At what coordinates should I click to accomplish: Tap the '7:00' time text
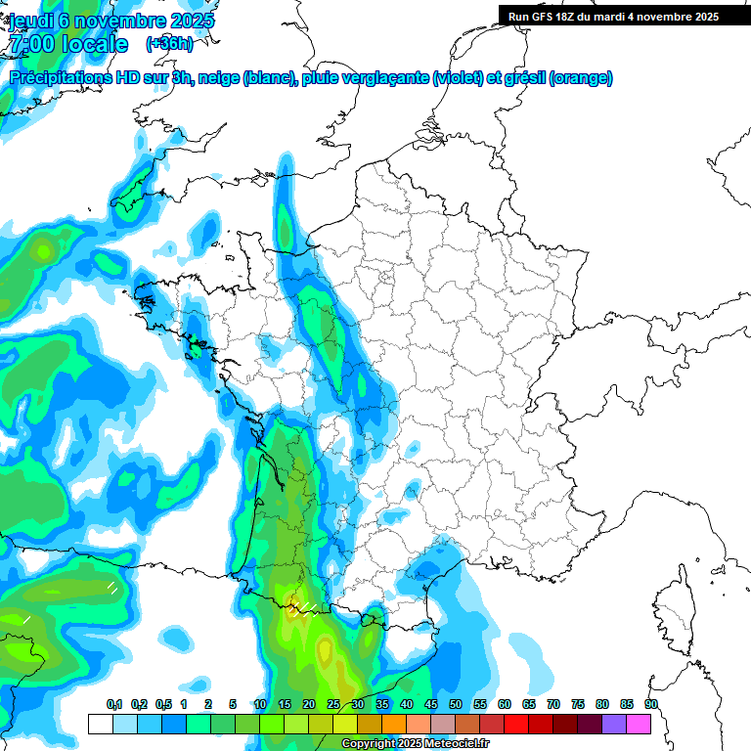[32, 44]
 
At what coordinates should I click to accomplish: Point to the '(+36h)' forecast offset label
[169, 44]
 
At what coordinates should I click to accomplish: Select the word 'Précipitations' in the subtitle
[64, 78]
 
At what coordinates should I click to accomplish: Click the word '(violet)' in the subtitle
[460, 78]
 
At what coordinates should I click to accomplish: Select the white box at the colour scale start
[100, 725]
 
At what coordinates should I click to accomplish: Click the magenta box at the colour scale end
[639, 725]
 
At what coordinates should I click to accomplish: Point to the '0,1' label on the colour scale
[114, 705]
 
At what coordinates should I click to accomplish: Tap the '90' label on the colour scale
[651, 705]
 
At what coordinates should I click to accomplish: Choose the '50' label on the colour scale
[456, 705]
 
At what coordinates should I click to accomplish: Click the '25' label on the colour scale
[333, 705]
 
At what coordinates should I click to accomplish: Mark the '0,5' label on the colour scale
[162, 705]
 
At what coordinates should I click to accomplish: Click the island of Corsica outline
[674, 611]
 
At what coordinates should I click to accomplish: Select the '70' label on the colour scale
[553, 705]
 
